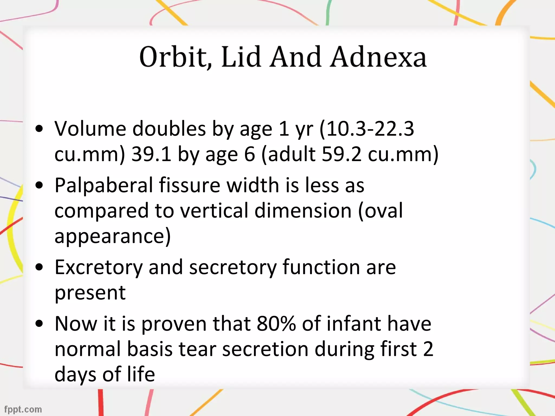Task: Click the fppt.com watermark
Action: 23,409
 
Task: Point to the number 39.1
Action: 151,154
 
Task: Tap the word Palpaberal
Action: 104,186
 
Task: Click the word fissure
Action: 189,186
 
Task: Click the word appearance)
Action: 113,236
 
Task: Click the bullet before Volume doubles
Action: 39,129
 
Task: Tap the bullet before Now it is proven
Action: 39,324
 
